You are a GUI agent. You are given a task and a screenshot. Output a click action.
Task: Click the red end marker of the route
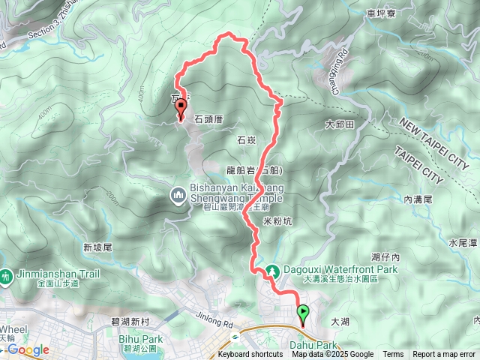click(181, 110)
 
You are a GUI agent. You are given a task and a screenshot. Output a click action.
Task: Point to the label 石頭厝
click(209, 119)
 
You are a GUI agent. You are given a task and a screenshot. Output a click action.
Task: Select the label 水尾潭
click(463, 243)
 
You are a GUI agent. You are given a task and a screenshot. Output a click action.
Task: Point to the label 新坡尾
click(97, 247)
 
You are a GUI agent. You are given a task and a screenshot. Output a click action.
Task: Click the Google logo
click(28, 349)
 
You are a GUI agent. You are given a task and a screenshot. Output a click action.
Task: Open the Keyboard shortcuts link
click(250, 355)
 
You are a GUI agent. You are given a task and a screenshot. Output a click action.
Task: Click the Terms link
click(393, 355)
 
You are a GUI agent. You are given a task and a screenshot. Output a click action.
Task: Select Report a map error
click(444, 355)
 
